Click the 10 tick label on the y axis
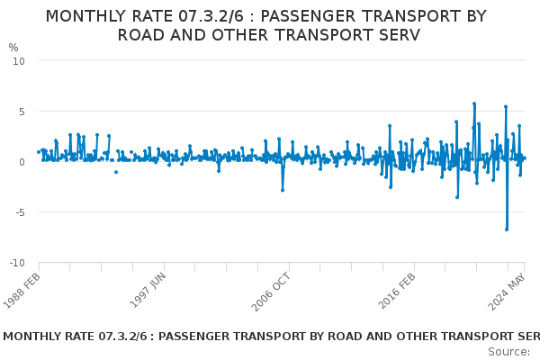[x=19, y=62]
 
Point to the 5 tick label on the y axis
[x=22, y=112]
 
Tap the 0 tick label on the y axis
[x=22, y=162]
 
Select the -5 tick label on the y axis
[x=21, y=212]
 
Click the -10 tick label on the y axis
[x=17, y=263]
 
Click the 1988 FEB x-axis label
[x=22, y=292]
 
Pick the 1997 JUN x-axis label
[x=148, y=291]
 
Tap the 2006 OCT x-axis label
[x=271, y=292]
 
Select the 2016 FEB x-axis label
[x=397, y=292]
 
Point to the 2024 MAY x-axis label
[x=507, y=292]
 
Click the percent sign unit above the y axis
[x=13, y=48]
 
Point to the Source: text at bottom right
[x=509, y=352]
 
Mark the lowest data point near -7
[x=507, y=229]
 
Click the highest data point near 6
[x=474, y=103]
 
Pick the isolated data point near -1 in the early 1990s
[x=116, y=172]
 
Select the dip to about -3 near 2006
[x=283, y=190]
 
